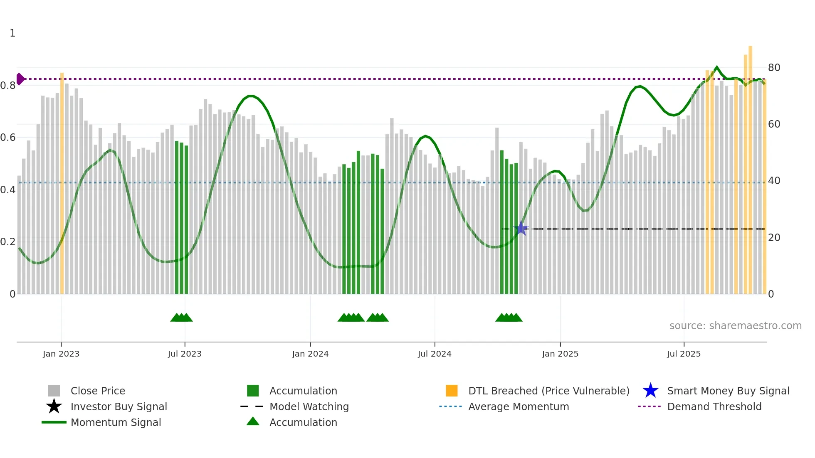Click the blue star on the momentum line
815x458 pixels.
click(521, 228)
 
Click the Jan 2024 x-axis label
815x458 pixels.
click(310, 354)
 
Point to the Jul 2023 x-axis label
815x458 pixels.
click(185, 354)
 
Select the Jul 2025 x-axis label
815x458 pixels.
click(684, 354)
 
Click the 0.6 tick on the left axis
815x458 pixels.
click(8, 138)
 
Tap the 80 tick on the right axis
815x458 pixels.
click(774, 67)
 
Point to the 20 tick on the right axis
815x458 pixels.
click(774, 238)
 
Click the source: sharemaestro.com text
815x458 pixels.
click(735, 325)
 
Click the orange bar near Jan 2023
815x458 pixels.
click(62, 183)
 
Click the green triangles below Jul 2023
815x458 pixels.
click(181, 318)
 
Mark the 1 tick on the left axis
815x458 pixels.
click(12, 33)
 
